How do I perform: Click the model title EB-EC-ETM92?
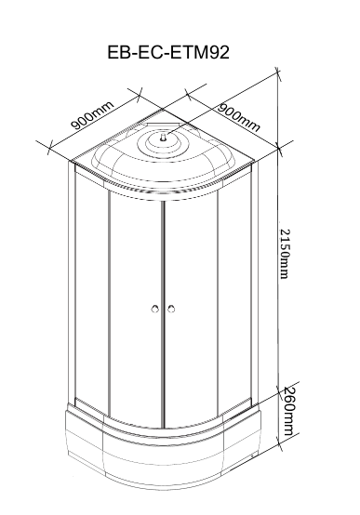pos(168,53)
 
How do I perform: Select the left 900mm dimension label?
pos(93,115)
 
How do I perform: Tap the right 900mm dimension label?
pos(239,117)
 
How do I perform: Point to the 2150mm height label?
pos(285,253)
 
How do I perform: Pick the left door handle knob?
pos(155,309)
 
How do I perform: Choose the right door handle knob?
pos(171,309)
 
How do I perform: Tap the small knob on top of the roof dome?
pos(164,138)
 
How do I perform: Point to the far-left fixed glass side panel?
pos(92,289)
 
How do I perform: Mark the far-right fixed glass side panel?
pos(234,289)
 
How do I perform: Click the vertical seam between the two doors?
pos(163,313)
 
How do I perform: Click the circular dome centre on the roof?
pos(164,143)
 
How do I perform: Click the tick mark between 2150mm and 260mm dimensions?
pos(279,391)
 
